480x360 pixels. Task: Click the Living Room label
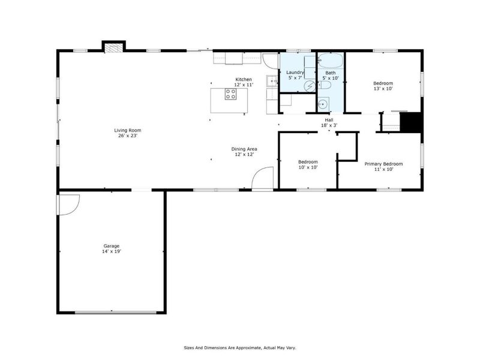click(x=128, y=130)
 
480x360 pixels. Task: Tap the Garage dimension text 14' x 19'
click(x=112, y=251)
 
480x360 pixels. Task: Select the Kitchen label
click(x=244, y=80)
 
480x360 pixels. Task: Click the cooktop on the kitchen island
click(x=231, y=94)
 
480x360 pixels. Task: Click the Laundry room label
click(x=296, y=73)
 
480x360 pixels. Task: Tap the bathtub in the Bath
click(x=329, y=61)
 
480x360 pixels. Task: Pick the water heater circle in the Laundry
click(x=310, y=86)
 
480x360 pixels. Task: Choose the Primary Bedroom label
click(x=383, y=164)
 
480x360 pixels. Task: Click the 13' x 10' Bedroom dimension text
click(x=383, y=88)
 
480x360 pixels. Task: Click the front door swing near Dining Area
click(x=261, y=179)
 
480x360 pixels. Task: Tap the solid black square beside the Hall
click(x=412, y=122)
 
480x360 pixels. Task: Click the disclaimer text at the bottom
click(x=239, y=347)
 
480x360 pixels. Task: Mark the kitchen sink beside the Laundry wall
click(x=272, y=80)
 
